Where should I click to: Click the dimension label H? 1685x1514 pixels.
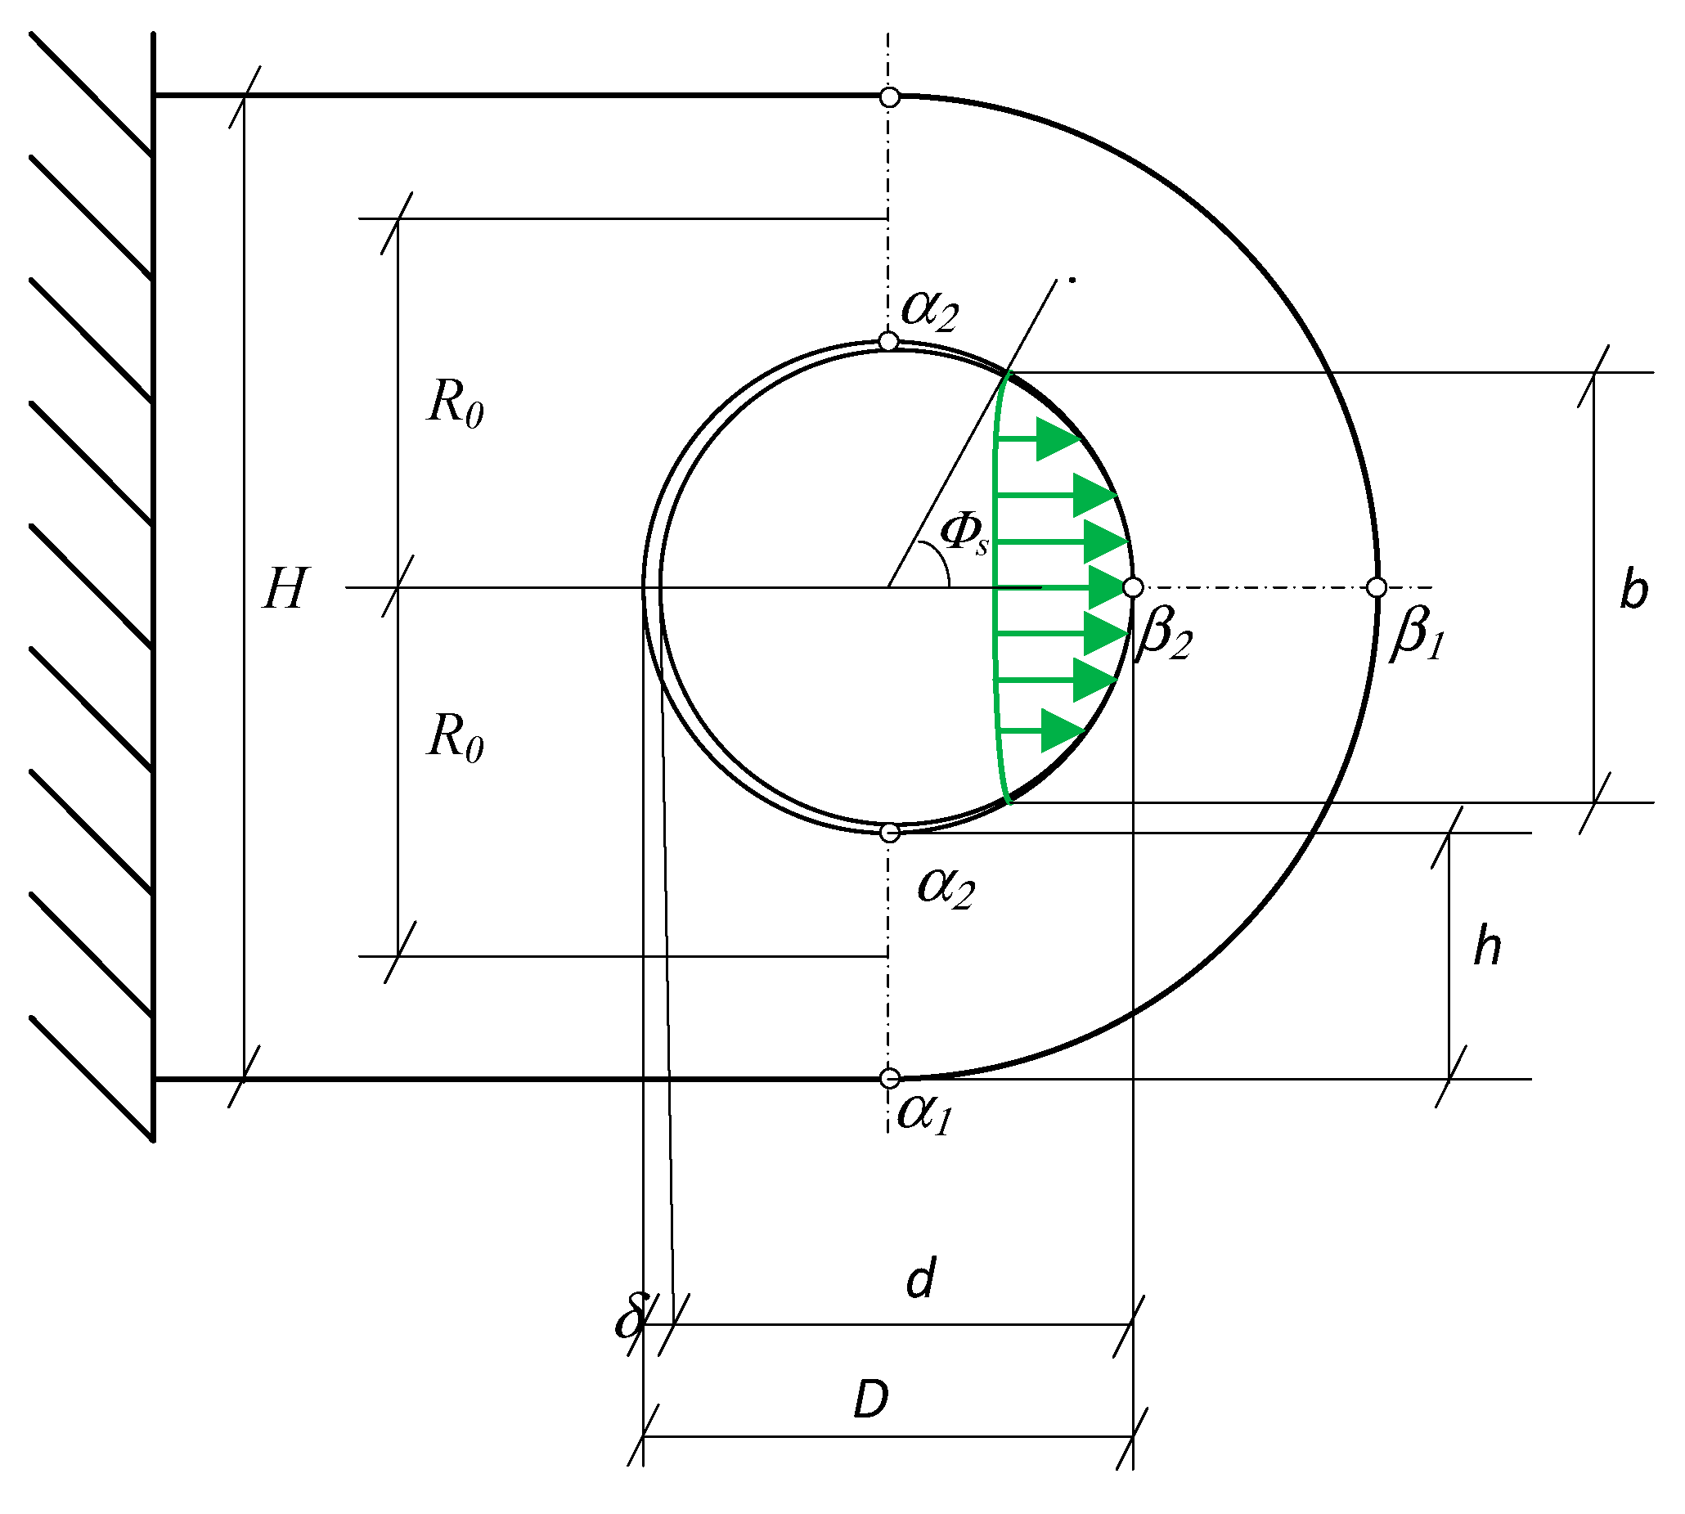pos(286,589)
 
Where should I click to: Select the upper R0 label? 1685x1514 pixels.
pos(454,404)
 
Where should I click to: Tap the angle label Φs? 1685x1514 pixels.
pos(964,534)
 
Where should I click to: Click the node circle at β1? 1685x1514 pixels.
pos(1377,588)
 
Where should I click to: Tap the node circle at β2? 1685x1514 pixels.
pos(1133,588)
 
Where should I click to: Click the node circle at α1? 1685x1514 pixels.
pos(890,1079)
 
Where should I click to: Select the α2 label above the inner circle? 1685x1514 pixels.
pos(930,311)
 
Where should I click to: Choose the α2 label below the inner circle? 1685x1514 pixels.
pos(946,887)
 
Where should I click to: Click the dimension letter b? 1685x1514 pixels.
pos(1633,591)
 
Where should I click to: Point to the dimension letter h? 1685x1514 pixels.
pos(1487,947)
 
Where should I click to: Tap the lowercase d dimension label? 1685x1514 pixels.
pos(920,1279)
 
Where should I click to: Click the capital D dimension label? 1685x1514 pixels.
pos(872,1399)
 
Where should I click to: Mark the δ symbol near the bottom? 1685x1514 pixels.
pos(630,1317)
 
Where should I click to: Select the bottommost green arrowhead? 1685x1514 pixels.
pos(1061,731)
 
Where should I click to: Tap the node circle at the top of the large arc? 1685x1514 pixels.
pos(890,97)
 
